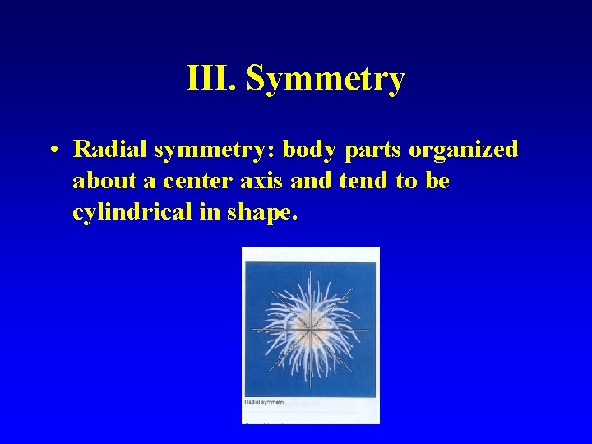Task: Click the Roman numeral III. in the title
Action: pos(211,79)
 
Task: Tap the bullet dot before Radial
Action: pos(52,150)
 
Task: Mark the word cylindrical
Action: pos(132,211)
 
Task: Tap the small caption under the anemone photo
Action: pos(265,401)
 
